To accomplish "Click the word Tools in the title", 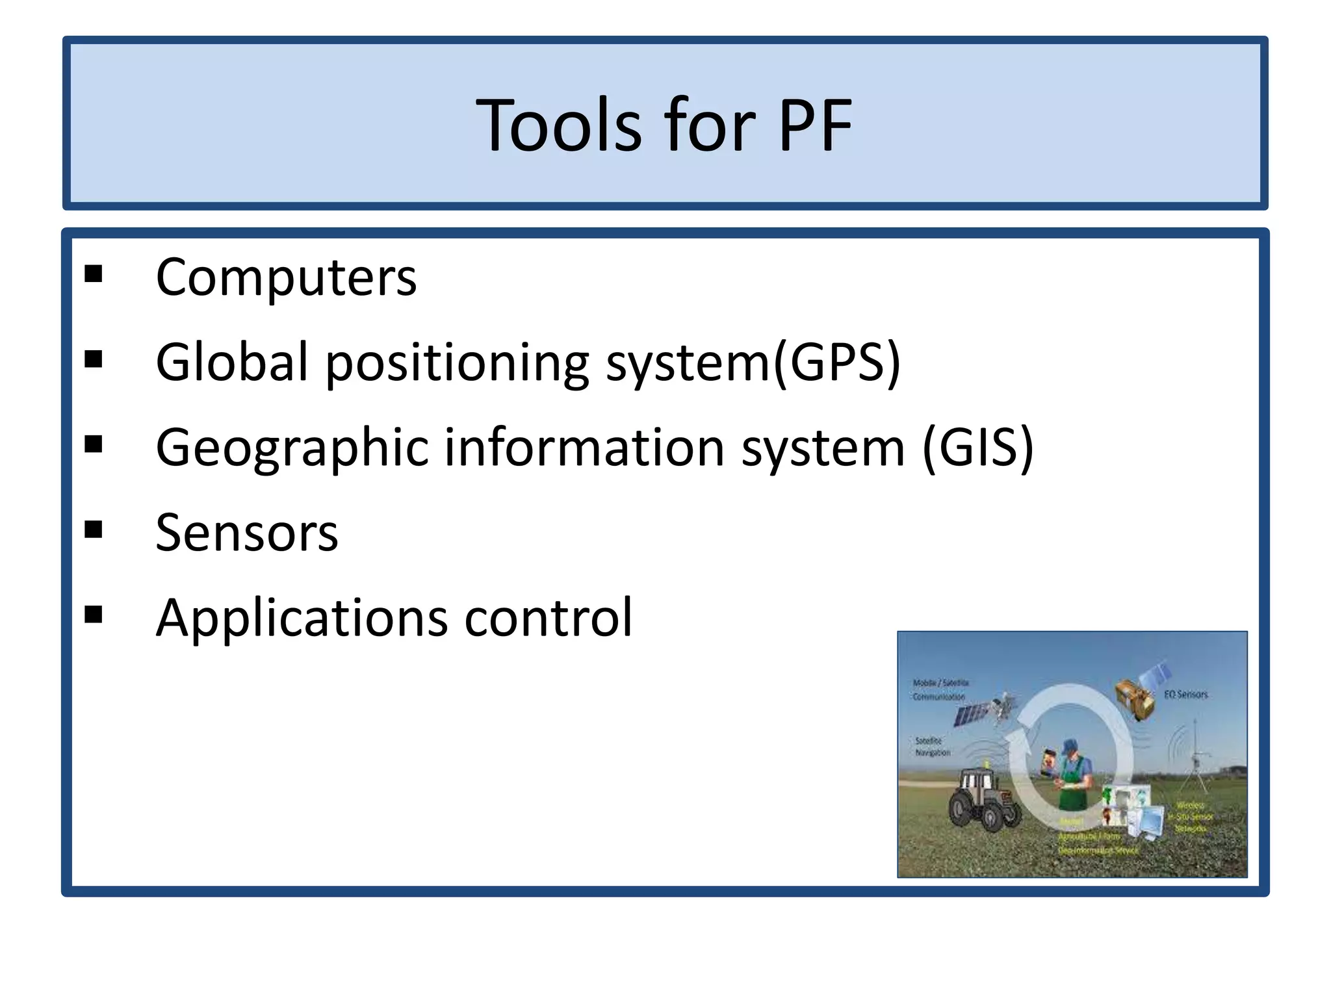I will click(x=559, y=125).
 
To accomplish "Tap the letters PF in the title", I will click(x=815, y=125).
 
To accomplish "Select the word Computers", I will click(x=286, y=277).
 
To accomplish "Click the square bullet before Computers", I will click(x=94, y=274).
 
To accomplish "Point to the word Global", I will click(x=231, y=362).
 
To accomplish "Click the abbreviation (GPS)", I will click(x=836, y=362).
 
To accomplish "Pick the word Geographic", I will click(x=292, y=448).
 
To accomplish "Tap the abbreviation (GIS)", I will click(x=977, y=448).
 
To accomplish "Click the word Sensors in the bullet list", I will click(x=247, y=533).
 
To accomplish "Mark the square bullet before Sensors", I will click(x=94, y=530).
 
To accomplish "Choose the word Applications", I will click(x=302, y=618).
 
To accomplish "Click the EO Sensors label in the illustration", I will click(x=1185, y=695).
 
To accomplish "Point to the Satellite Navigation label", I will click(x=932, y=747).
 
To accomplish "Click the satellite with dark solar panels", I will click(x=981, y=711).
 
